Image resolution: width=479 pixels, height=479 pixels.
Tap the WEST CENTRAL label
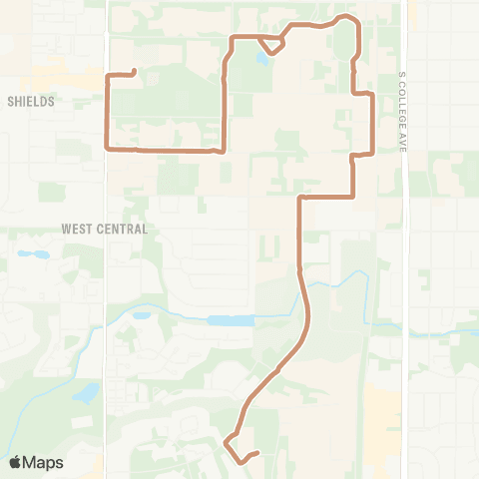(x=104, y=229)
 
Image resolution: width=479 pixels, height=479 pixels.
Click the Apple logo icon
(x=15, y=462)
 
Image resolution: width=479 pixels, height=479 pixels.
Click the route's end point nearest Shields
(x=134, y=70)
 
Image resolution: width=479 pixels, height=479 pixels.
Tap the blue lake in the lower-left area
(x=86, y=392)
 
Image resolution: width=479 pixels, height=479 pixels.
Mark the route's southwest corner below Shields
(x=107, y=149)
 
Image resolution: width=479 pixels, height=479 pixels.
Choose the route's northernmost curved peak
(x=345, y=17)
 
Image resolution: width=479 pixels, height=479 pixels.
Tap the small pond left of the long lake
(x=141, y=316)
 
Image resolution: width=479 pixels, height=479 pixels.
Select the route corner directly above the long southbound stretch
(x=299, y=198)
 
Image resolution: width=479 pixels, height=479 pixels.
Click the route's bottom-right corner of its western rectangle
(x=222, y=151)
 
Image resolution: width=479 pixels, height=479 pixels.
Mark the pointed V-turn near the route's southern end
(x=227, y=440)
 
